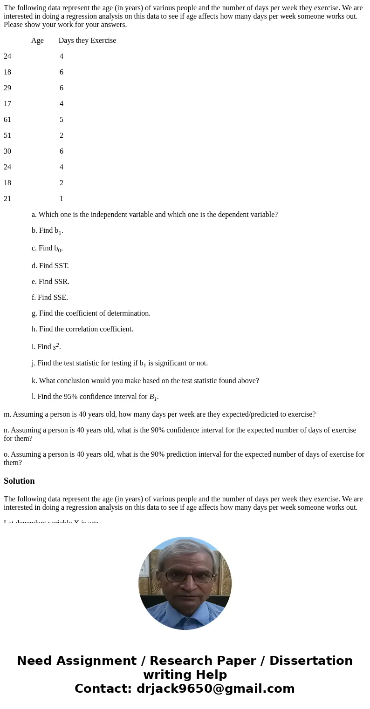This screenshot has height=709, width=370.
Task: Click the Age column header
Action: pos(37,41)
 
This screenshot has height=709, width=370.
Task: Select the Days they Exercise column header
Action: pos(87,41)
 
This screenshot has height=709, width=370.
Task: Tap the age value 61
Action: pos(7,120)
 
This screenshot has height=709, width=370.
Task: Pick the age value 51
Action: pos(7,135)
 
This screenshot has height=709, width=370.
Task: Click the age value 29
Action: pos(7,88)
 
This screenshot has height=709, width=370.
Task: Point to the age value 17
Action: pos(7,104)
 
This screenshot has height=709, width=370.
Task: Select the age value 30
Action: pos(7,151)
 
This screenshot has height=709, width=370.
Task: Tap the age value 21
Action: pos(7,199)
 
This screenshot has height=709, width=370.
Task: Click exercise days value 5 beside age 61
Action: pos(62,120)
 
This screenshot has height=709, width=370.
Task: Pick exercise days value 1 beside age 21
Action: pos(62,199)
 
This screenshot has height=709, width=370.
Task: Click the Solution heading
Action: pos(19,481)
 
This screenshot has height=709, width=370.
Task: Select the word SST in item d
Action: pos(61,266)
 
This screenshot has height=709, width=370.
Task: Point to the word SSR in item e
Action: pos(62,282)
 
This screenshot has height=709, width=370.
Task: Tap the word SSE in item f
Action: pos(61,297)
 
